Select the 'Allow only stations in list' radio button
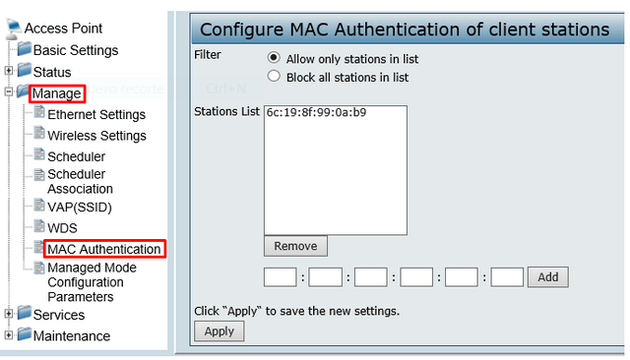274,57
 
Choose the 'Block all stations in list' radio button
274,76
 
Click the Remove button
295,246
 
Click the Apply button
219,331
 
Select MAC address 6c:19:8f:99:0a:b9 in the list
316,113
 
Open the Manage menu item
56,93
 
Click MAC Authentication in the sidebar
103,249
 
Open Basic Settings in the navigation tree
76,50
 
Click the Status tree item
52,72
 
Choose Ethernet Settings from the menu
96,114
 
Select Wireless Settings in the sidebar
96,136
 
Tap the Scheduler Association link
80,181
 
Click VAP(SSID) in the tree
80,207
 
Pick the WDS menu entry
62,228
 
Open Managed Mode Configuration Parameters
92,282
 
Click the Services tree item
59,315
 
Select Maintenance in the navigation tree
72,336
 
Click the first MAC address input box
281,277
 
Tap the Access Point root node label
63,29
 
